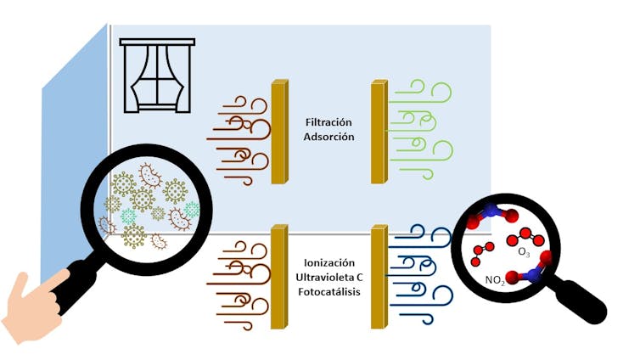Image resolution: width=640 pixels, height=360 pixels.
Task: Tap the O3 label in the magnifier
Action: (523, 253)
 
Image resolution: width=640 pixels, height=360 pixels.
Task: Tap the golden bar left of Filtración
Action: (279, 132)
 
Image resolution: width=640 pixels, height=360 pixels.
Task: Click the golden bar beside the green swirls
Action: (379, 132)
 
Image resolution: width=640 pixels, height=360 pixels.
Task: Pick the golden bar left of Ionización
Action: (279, 276)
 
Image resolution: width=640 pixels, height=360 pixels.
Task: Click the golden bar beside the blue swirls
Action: (379, 276)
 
